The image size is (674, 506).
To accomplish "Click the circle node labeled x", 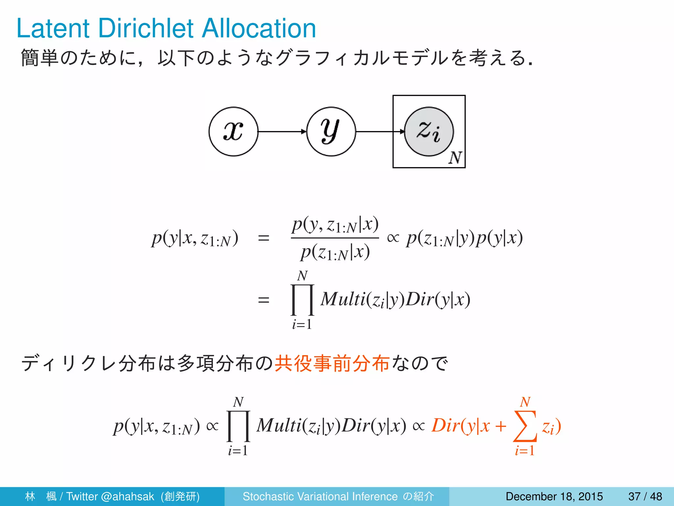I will pos(233,131).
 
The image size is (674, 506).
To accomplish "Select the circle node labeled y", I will pos(331,131).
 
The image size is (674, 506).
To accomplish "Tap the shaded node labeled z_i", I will pos(429,131).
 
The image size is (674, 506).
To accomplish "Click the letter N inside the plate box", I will pos(455,158).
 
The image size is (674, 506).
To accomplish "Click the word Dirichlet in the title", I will pos(146,28).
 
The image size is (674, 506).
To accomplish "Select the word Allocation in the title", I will pos(259,28).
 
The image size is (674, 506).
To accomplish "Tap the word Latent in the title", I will pos(53,28).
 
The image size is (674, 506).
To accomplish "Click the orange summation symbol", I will pos(525,426).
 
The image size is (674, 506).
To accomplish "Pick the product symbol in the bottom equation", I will pos(238,426).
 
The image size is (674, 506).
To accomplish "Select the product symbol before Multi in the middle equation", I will pos(302,300).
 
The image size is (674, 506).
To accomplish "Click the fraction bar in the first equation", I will pos(335,238).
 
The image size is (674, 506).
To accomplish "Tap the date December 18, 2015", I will pos(554,496).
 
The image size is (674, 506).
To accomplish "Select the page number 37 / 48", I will pos(645,496).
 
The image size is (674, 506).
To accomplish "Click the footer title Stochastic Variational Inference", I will pos(320,496).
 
